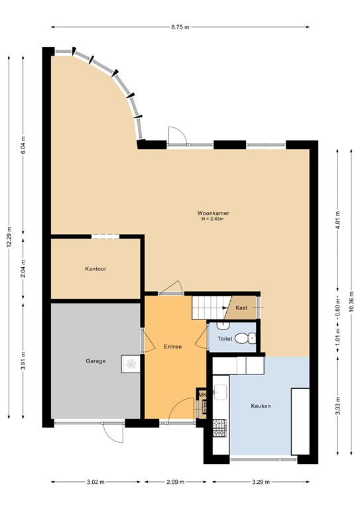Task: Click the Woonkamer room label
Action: tap(213, 213)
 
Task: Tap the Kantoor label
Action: tap(95, 269)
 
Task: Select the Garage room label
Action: tap(95, 361)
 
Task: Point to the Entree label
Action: tap(172, 347)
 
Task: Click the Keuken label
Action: tap(261, 406)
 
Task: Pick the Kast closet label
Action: tap(241, 308)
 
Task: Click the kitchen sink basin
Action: tap(220, 391)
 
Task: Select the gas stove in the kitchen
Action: tap(219, 428)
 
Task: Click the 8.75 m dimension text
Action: tap(180, 27)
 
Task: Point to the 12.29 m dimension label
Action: tap(9, 237)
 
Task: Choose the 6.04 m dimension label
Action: tap(23, 144)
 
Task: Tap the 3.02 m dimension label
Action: tap(95, 482)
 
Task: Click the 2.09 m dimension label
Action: tap(176, 482)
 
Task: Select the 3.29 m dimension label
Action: tap(261, 482)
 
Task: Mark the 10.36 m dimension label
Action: tap(351, 302)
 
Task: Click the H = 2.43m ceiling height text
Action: tap(213, 219)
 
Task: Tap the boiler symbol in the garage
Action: tap(131, 364)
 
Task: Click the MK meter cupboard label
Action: tap(202, 395)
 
